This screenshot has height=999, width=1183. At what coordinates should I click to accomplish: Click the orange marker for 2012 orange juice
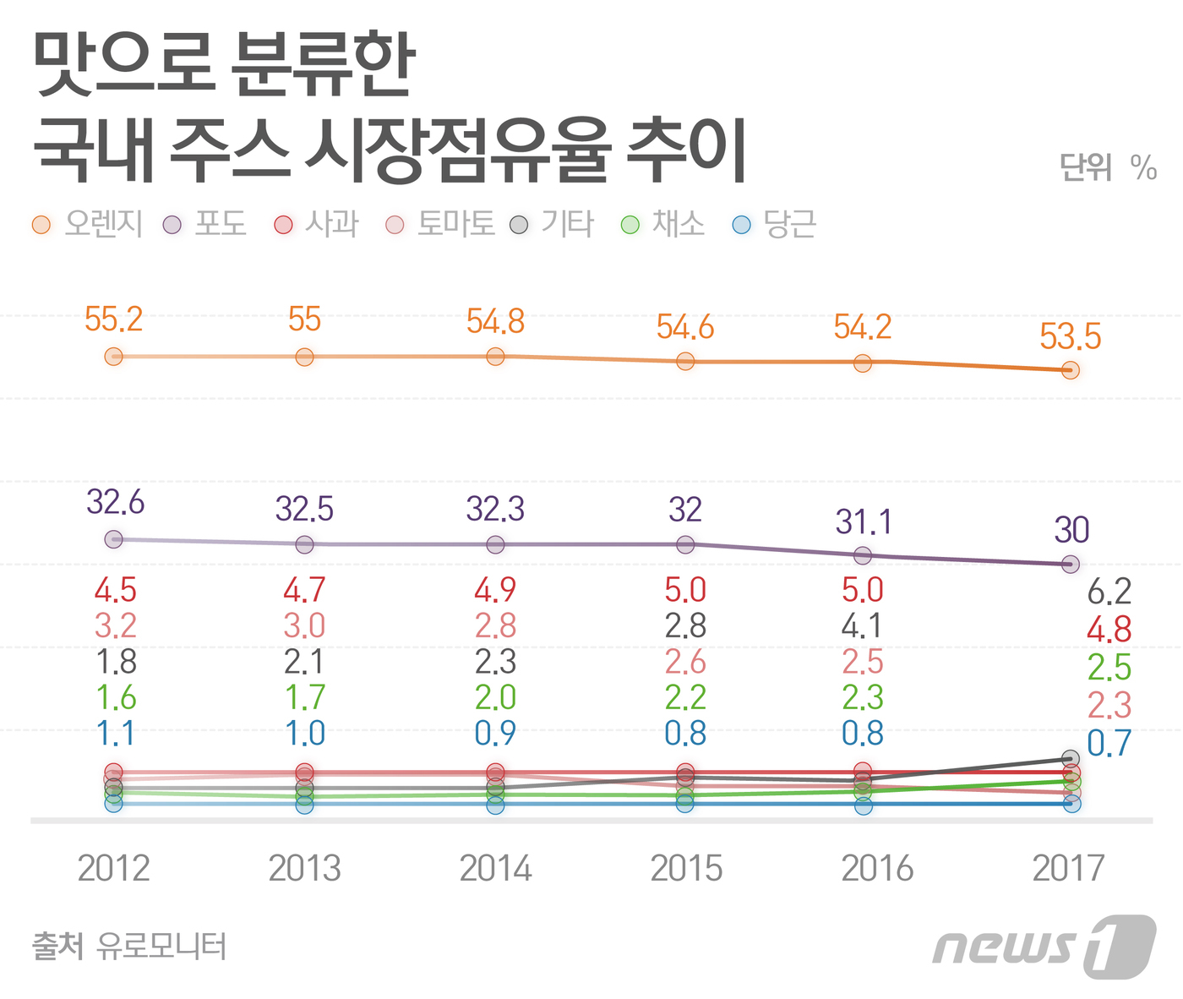(113, 357)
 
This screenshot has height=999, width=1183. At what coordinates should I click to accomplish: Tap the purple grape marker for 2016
(863, 555)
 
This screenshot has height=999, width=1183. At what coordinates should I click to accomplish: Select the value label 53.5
(1070, 337)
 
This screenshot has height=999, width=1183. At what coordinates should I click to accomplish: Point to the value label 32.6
(116, 503)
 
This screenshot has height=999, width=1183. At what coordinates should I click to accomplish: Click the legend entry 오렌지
(88, 224)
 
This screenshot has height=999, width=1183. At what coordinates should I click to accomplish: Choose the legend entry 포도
(205, 224)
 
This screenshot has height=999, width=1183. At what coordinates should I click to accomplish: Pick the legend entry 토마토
(440, 224)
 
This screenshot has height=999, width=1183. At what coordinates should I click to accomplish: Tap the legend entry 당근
(774, 224)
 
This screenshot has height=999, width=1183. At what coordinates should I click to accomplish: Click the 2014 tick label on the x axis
(495, 868)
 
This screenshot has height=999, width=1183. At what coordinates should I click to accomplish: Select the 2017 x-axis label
(1068, 868)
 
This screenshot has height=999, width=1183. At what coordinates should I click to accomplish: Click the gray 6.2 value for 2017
(1109, 592)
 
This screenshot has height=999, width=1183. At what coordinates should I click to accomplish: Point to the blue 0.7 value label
(1109, 744)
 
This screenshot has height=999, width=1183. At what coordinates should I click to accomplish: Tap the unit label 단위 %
(1107, 167)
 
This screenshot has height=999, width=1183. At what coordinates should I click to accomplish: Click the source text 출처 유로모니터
(129, 946)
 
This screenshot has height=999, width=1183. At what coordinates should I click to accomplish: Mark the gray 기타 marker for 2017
(1071, 758)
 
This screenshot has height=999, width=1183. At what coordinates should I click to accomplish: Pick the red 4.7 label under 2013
(304, 590)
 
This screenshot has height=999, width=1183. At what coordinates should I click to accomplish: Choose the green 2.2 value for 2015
(685, 698)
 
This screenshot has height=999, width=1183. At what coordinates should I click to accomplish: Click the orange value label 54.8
(495, 322)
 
